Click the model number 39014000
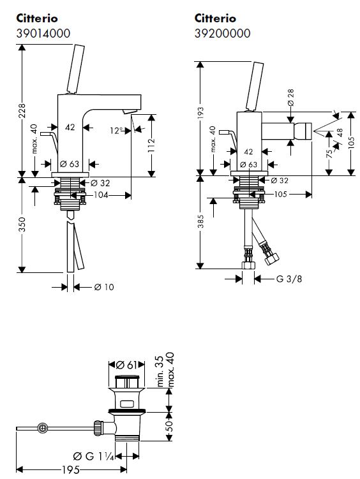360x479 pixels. [43, 33]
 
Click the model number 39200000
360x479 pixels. [222, 33]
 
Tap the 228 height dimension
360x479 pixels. [22, 112]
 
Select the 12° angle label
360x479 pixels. [116, 131]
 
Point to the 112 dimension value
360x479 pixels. [151, 145]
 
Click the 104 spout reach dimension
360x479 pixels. [101, 195]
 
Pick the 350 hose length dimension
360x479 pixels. [22, 225]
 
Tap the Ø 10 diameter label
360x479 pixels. [104, 287]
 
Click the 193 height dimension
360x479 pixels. [200, 114]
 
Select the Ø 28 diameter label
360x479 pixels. [290, 98]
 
